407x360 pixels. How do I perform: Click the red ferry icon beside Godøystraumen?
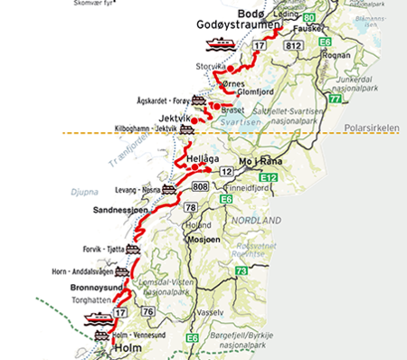[221, 43]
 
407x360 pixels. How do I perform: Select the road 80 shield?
[310, 17]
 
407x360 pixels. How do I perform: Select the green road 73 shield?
[241, 270]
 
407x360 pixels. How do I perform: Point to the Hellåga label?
[202, 158]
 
